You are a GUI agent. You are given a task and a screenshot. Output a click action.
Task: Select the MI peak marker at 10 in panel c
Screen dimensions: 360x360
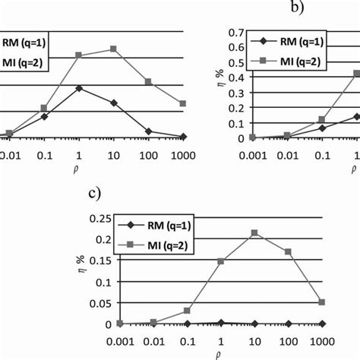click(254, 232)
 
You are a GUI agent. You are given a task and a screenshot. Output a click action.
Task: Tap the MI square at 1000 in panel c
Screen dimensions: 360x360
click(321, 302)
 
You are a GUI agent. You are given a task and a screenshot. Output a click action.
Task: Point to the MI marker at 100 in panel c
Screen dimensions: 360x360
click(288, 251)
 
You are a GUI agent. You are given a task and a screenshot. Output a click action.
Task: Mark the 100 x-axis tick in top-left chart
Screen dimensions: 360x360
click(148, 150)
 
